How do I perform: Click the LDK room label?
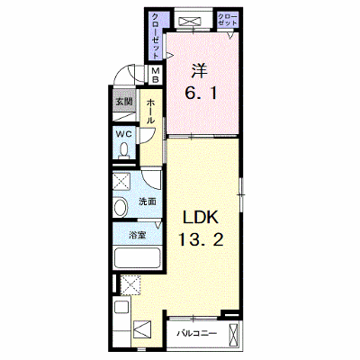click(x=200, y=219)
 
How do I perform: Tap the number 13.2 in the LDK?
click(x=201, y=240)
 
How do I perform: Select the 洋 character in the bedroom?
click(x=199, y=72)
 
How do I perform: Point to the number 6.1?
click(x=201, y=94)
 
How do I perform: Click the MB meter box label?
click(x=156, y=76)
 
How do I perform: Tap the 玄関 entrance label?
click(x=124, y=102)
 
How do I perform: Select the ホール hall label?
click(x=150, y=112)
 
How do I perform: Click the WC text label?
click(x=124, y=134)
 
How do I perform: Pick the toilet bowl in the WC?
click(x=123, y=150)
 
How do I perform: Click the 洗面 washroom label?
click(x=148, y=202)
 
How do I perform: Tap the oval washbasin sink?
click(x=121, y=207)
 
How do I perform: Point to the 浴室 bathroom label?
click(x=138, y=235)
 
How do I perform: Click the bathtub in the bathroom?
click(x=138, y=258)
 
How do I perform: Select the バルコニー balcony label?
click(x=196, y=334)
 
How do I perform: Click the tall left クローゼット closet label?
click(x=156, y=35)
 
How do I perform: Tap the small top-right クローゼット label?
click(x=227, y=20)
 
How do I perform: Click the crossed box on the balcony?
click(x=233, y=335)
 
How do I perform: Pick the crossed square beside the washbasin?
click(x=121, y=181)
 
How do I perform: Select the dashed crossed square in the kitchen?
click(x=130, y=284)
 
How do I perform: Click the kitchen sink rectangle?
click(x=121, y=307)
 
